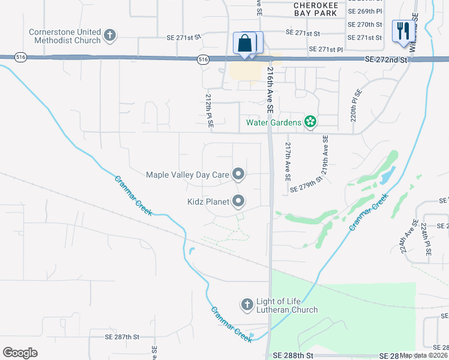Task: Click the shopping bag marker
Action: [245, 44]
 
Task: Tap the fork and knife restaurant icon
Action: [402, 31]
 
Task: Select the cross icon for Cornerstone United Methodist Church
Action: [109, 35]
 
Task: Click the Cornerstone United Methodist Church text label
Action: [65, 35]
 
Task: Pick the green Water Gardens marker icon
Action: [310, 123]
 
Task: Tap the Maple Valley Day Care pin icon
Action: [238, 175]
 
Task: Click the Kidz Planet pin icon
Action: [238, 202]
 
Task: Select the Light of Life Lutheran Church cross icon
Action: [247, 305]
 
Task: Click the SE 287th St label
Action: [122, 338]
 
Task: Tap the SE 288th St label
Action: [293, 355]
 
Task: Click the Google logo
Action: [20, 353]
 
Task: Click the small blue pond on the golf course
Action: [388, 175]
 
